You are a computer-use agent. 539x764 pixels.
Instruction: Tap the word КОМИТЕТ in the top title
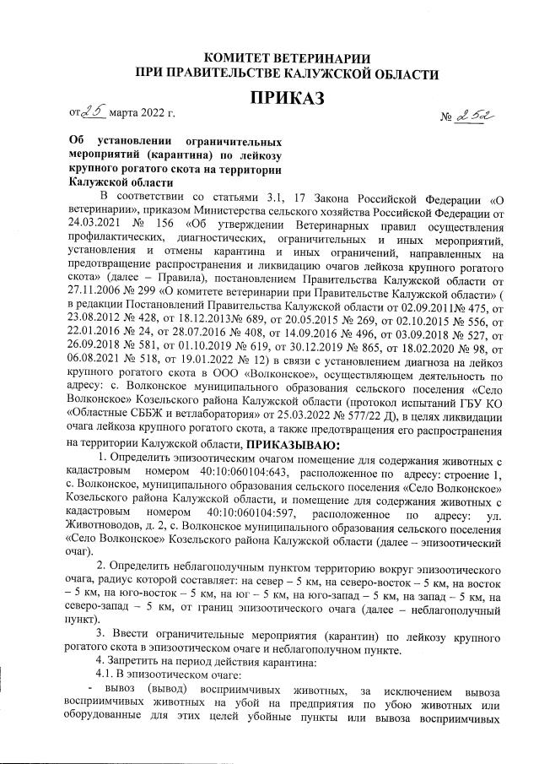(240, 57)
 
